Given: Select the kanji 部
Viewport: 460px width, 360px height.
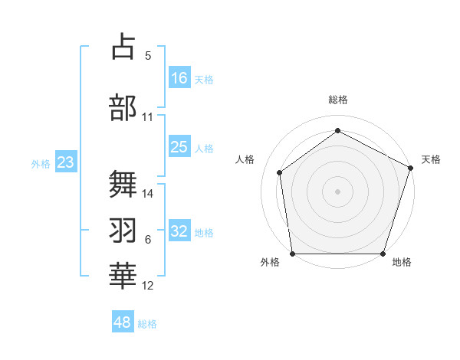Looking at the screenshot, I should point(123,106).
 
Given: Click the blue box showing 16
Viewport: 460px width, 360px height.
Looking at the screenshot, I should point(179,77).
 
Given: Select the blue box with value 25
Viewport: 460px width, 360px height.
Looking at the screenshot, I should point(179,147).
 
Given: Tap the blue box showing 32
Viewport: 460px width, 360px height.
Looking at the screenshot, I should point(179,231).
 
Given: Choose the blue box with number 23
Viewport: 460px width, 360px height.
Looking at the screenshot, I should point(65,162).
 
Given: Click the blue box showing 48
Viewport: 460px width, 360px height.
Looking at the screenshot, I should point(123,322).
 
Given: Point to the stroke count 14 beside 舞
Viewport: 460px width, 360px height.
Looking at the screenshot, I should point(148,194).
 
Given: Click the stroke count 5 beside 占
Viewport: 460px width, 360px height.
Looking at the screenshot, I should point(147,56).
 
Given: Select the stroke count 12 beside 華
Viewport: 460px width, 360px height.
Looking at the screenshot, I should point(148,286).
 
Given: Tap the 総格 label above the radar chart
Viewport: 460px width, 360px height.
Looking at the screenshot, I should point(337,100).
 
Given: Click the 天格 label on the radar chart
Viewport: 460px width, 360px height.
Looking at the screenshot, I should point(431,159).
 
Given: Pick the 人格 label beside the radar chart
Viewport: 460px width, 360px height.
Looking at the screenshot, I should point(245,159).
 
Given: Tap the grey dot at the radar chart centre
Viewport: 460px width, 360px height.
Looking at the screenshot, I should point(337,191).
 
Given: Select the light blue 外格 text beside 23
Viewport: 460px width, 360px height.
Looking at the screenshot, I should point(40,163).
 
